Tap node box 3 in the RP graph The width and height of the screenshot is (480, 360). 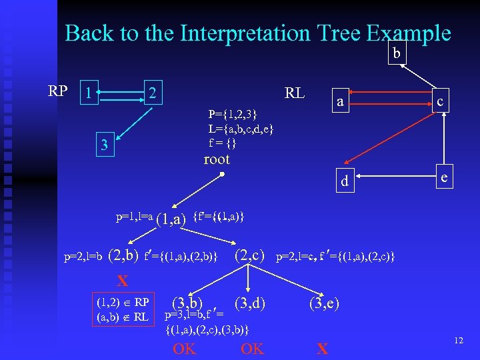pyautogui.click(x=104, y=145)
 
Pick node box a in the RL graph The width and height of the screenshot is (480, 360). pyautogui.click(x=340, y=102)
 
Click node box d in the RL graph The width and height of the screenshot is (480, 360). pyautogui.click(x=344, y=181)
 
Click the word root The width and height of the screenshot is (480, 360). pyautogui.click(x=216, y=159)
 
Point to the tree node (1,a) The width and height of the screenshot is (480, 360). pyautogui.click(x=170, y=219)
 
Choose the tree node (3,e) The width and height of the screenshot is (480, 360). pyautogui.click(x=324, y=304)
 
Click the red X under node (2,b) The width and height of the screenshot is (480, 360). pyautogui.click(x=123, y=280)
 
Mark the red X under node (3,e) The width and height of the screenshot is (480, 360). pyautogui.click(x=323, y=349)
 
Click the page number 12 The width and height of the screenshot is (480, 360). pyautogui.click(x=458, y=341)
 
